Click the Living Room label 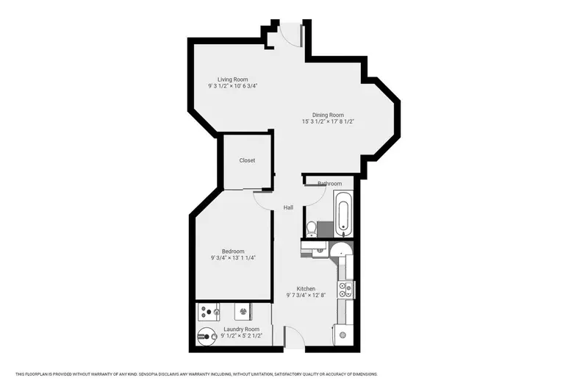[x=232, y=79]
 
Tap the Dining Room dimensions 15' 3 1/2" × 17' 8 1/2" [x=328, y=121]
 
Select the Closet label [x=247, y=160]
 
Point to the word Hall [x=288, y=207]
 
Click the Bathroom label [x=329, y=183]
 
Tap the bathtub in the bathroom [x=343, y=214]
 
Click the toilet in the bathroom [x=311, y=229]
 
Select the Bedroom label [x=233, y=252]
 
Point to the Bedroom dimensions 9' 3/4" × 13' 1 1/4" [x=233, y=257]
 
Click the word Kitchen [x=306, y=288]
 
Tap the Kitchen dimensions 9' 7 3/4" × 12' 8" [x=306, y=295]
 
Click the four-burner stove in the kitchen [x=345, y=290]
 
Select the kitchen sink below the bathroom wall [x=320, y=249]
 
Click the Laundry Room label [x=242, y=329]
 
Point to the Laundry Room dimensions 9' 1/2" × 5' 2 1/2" [x=242, y=335]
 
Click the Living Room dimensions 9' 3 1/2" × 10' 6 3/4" [x=232, y=86]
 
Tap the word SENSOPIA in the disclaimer [x=148, y=374]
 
